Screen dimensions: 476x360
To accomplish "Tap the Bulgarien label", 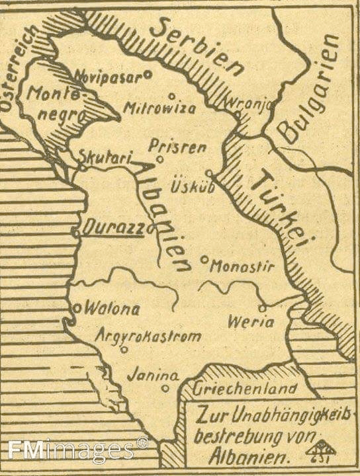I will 308,89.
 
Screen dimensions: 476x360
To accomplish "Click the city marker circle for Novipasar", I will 148,75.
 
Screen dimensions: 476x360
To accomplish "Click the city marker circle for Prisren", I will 159,159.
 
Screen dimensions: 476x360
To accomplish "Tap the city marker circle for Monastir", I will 204,259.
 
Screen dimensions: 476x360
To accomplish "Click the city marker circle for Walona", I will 77,307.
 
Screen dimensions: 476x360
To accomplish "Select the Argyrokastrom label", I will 148,336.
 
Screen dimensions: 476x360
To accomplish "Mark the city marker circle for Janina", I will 165,389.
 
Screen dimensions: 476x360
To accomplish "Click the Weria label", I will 250,322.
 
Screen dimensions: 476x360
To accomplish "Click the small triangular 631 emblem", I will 322,451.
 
